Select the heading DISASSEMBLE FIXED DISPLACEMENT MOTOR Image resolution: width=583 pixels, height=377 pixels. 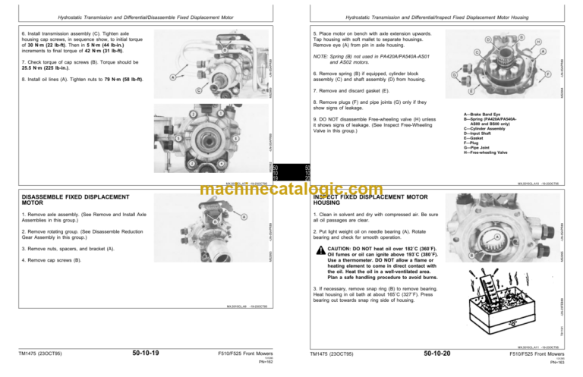(x=57, y=199)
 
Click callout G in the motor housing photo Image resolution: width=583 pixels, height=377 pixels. (x=454, y=75)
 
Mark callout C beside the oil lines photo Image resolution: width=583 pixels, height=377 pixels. (x=199, y=90)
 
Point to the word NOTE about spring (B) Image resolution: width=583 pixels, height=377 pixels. (x=323, y=57)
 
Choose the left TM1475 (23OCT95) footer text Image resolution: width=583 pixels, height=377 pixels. (x=46, y=353)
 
